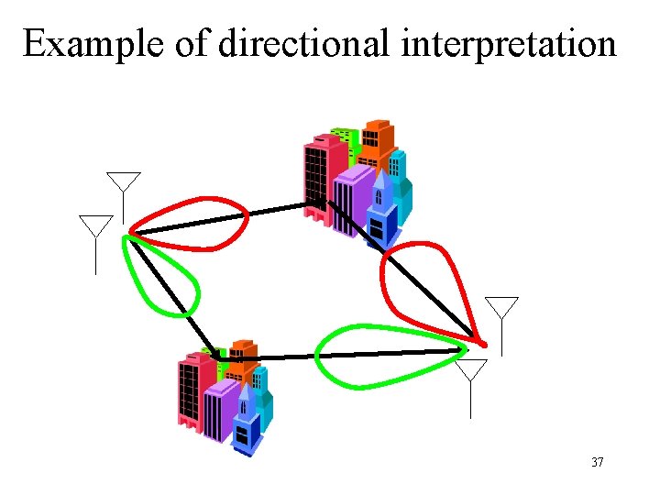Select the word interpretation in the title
point(510,43)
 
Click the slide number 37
point(597,462)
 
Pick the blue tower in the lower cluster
point(246,422)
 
